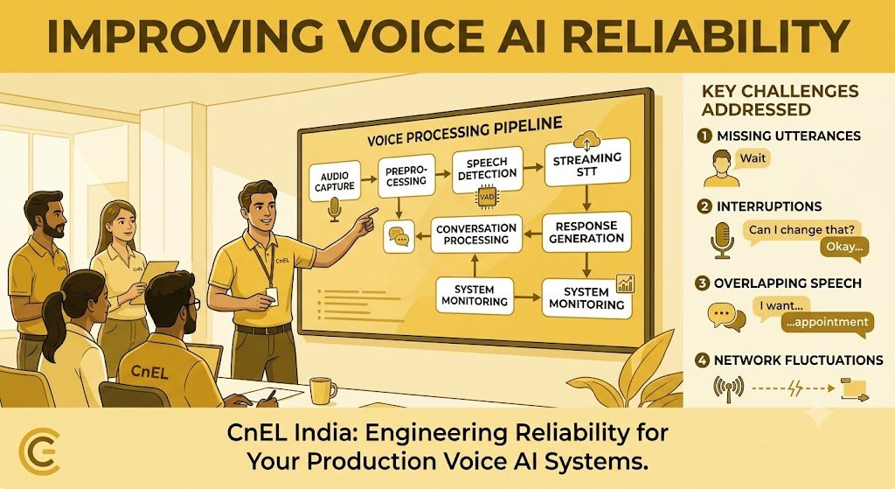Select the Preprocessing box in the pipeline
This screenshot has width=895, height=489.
[x=406, y=176]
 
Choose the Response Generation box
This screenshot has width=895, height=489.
[x=586, y=232]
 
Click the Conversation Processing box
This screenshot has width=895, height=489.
[x=476, y=234]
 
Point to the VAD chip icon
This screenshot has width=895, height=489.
[x=487, y=198]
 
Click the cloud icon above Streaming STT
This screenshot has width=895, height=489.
[x=588, y=139]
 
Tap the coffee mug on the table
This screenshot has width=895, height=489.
[x=322, y=390]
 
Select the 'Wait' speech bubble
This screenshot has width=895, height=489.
[x=753, y=158]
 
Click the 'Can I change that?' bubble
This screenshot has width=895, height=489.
[x=801, y=230]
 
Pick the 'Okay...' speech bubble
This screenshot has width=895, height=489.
[x=842, y=248]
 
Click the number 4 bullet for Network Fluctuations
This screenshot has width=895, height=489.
[x=703, y=360]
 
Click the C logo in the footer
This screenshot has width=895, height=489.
[x=38, y=449]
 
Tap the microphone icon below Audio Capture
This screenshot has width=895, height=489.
[x=334, y=210]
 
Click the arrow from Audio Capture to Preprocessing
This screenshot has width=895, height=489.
[x=370, y=179]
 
